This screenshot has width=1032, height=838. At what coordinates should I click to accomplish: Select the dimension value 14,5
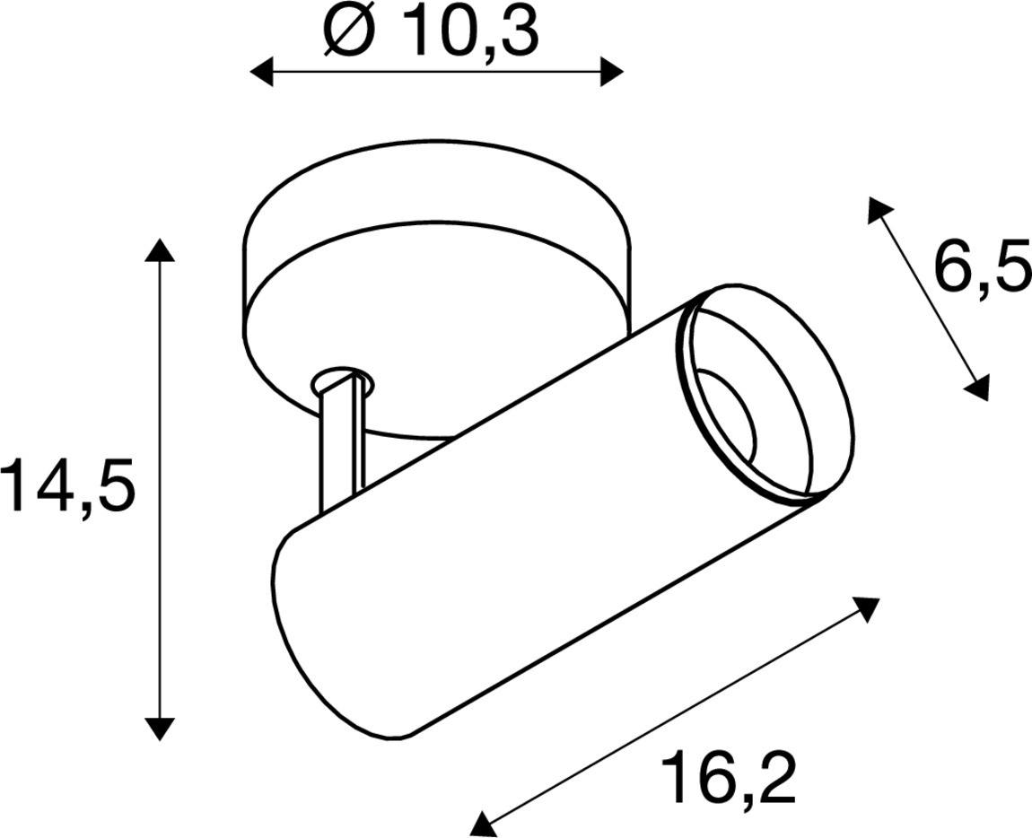point(68,485)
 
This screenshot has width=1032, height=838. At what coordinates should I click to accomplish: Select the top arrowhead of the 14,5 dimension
point(160,250)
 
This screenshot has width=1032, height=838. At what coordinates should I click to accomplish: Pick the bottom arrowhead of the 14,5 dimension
point(160,728)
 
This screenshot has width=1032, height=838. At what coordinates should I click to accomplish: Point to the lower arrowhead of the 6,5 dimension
point(977,388)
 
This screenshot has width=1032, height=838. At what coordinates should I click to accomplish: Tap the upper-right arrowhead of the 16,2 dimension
point(867,607)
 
